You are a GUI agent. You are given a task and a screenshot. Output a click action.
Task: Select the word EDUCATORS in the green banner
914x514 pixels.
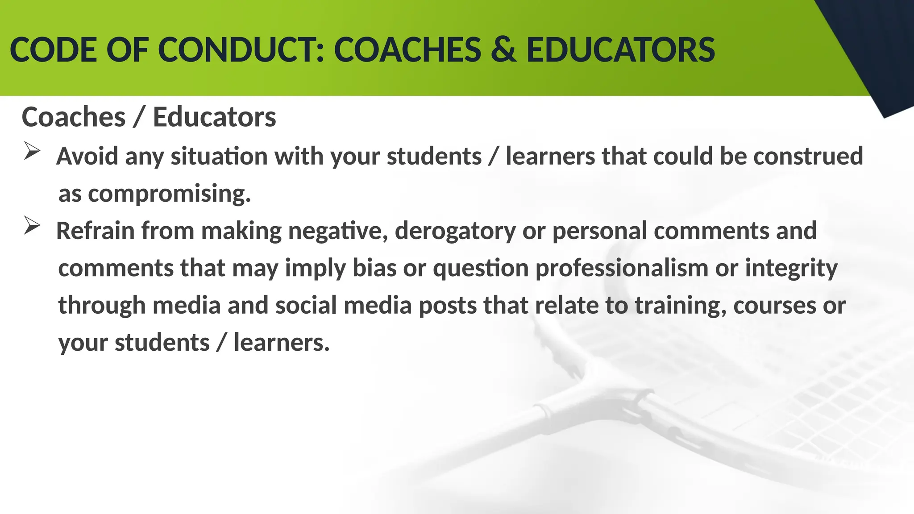(x=621, y=50)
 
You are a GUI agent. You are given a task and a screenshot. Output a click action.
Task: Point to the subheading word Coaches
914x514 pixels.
(x=74, y=117)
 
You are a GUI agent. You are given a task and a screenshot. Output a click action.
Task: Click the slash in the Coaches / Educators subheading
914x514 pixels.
(x=139, y=117)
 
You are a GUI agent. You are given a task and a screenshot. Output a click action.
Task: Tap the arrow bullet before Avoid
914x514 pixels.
(x=32, y=151)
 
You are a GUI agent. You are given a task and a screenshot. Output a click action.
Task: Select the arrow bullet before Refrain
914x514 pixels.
(x=32, y=226)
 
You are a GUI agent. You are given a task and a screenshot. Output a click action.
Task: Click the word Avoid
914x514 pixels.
(x=87, y=157)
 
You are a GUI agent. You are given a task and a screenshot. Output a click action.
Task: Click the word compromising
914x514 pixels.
(x=170, y=194)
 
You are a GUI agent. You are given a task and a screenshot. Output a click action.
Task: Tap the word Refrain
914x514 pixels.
(x=95, y=231)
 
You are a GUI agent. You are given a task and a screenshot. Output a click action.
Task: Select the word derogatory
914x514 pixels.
(x=455, y=231)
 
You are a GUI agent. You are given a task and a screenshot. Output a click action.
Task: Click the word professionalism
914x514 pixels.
(x=622, y=269)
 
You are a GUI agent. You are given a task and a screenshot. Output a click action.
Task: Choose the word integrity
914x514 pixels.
(x=791, y=269)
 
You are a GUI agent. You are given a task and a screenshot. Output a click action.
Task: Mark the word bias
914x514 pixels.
(x=374, y=269)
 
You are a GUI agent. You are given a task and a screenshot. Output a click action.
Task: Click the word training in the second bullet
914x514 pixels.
(x=681, y=306)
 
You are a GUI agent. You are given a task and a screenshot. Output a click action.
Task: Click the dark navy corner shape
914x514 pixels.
(x=875, y=49)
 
